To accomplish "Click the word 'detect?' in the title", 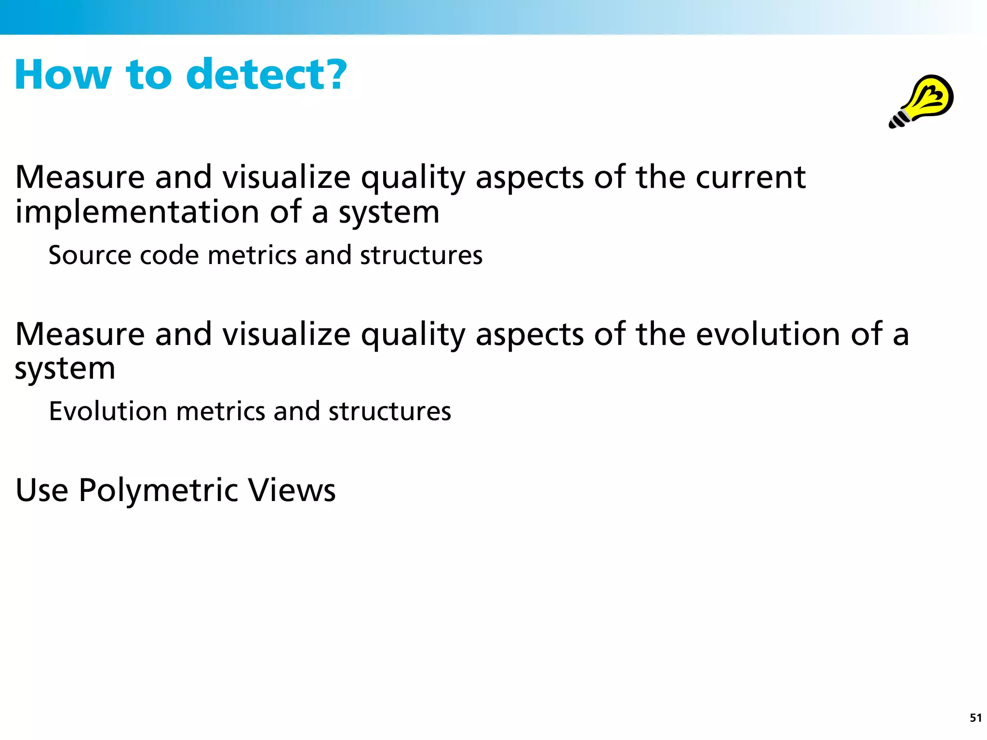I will click(x=266, y=74).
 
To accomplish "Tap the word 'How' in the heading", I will click(x=63, y=74).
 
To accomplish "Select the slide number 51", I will click(x=975, y=718).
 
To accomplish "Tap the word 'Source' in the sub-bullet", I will click(x=90, y=255).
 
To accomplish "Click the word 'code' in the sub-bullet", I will click(x=169, y=255).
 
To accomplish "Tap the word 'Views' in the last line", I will click(x=292, y=490).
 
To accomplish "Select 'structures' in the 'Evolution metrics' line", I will click(x=389, y=411).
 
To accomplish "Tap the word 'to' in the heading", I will click(x=148, y=75).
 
